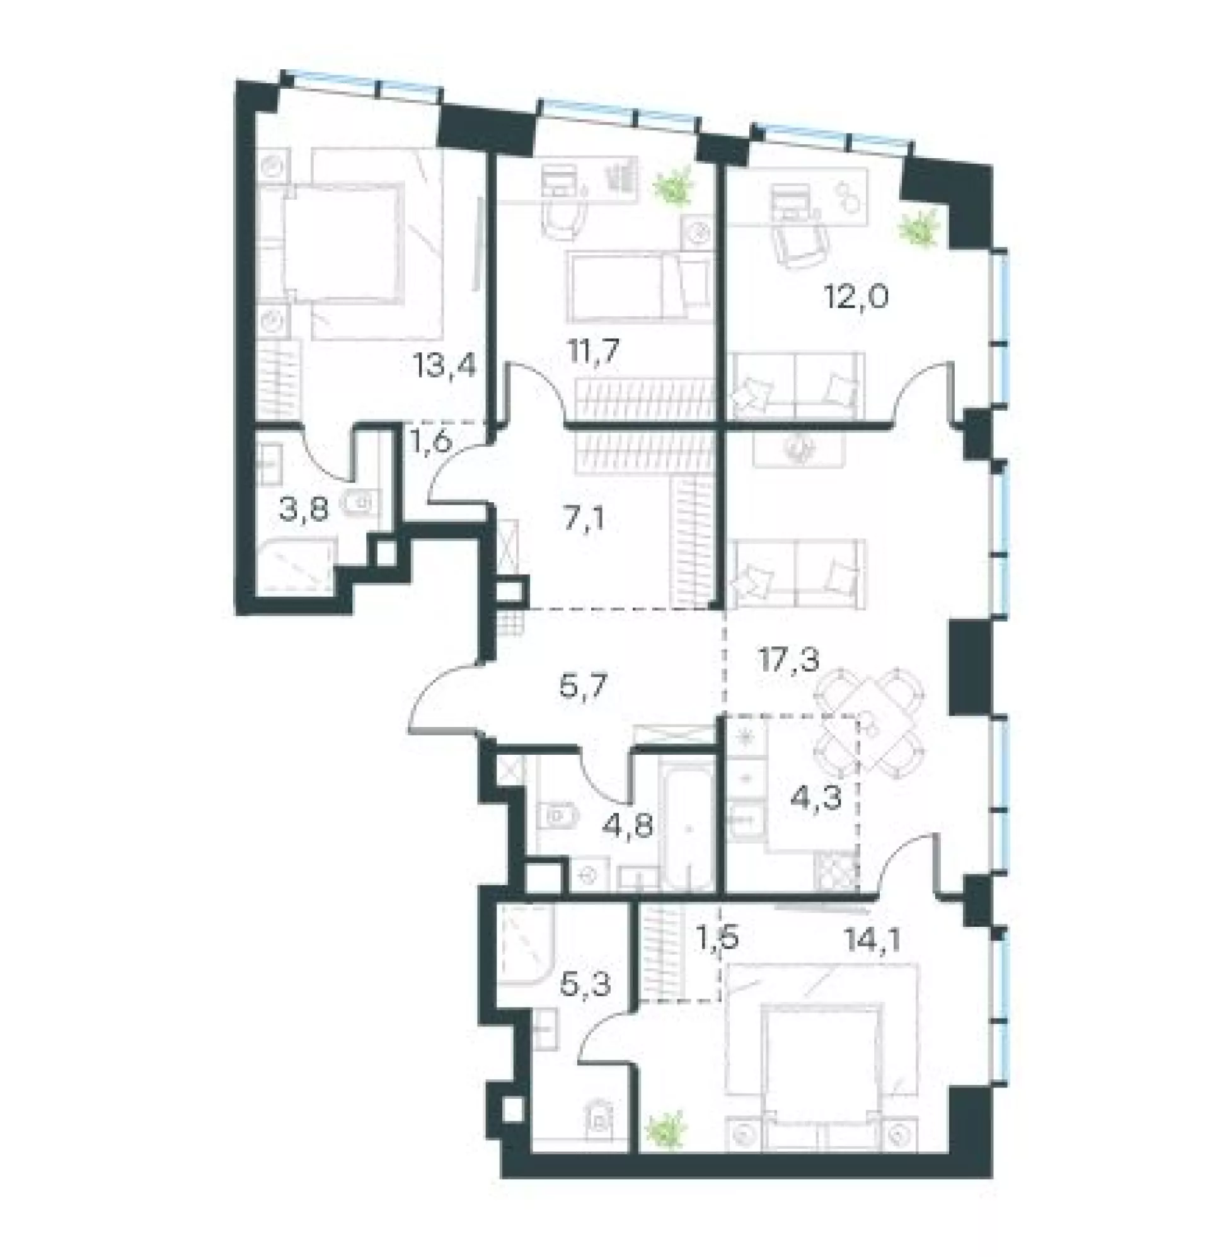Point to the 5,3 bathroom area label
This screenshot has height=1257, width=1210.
585,983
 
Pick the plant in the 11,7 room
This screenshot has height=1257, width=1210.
674,186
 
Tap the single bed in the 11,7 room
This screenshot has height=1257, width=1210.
640,286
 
